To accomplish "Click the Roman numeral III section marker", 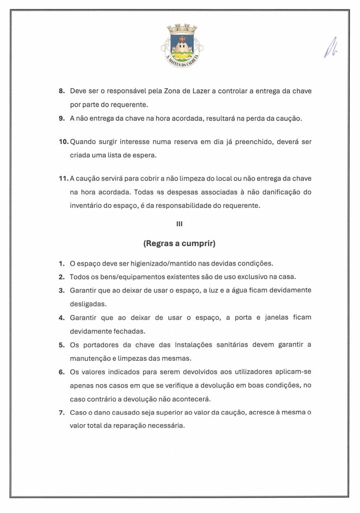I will pos(179,224).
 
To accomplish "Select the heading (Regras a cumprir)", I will pos(179,244).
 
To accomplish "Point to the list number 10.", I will pos(64,142).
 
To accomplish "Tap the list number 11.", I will pos(64,179).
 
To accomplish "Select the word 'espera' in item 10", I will pos(145,155).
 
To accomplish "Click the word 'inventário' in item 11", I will pos(87,205).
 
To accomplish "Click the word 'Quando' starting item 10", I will pos(85,142).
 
